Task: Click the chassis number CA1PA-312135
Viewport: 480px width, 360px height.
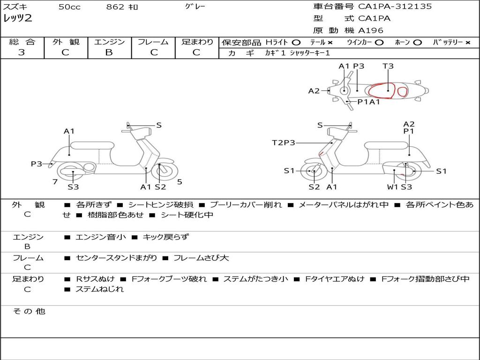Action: [x=395, y=7]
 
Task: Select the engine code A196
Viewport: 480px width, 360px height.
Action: [x=371, y=30]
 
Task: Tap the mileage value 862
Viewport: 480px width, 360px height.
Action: [x=115, y=7]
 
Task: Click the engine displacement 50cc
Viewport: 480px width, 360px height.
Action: [x=69, y=7]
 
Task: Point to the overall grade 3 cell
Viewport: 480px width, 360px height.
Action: [x=22, y=52]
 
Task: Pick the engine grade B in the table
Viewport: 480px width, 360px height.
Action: [x=109, y=52]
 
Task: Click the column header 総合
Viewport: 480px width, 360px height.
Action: [x=22, y=42]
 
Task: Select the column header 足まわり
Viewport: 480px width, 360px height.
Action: [x=197, y=42]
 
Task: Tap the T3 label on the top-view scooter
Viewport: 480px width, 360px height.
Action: [x=388, y=66]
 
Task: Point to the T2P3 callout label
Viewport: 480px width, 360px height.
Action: [x=284, y=142]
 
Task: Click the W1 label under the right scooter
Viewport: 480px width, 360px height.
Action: [x=392, y=187]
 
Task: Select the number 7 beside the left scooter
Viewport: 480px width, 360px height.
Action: [x=55, y=181]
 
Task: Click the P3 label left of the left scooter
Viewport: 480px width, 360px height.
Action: [x=37, y=164]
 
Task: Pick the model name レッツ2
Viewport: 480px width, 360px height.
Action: [x=17, y=19]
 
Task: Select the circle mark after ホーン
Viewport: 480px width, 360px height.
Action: [x=417, y=42]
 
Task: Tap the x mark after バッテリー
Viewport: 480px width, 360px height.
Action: [x=468, y=42]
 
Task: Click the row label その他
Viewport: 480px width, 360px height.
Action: [x=29, y=311]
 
